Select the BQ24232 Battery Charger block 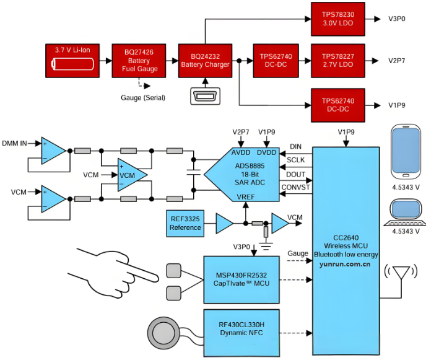(205, 60)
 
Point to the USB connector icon (205, 96)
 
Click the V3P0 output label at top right (397, 19)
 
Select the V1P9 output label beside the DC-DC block (397, 105)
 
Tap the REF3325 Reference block (185, 223)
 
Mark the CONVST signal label (295, 187)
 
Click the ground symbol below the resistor (266, 245)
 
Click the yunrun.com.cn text (345, 264)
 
